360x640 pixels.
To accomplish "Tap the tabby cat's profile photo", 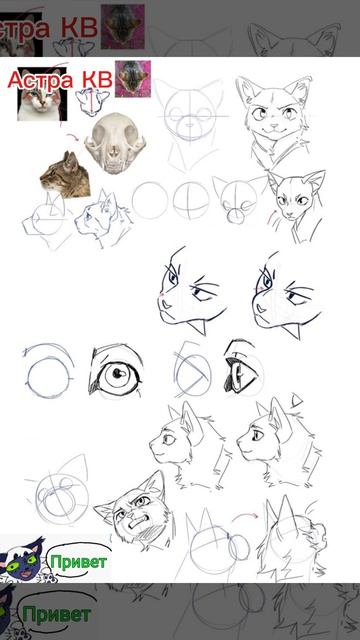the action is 65,176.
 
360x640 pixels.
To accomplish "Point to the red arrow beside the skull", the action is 73,137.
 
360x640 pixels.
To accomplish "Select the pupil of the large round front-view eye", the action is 118,372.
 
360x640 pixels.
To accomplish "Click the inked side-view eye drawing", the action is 241,368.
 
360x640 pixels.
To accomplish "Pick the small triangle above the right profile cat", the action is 297,400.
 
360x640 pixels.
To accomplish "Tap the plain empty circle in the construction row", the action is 150,200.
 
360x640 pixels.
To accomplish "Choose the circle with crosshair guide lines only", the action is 191,200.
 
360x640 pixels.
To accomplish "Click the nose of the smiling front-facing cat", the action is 276,125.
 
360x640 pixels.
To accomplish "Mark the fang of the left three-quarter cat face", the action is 198,327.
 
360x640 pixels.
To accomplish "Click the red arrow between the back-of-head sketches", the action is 245,517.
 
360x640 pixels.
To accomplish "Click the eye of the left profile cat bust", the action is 169,439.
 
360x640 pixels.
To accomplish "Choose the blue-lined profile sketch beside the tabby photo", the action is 103,218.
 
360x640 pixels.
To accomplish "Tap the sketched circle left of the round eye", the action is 49,376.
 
